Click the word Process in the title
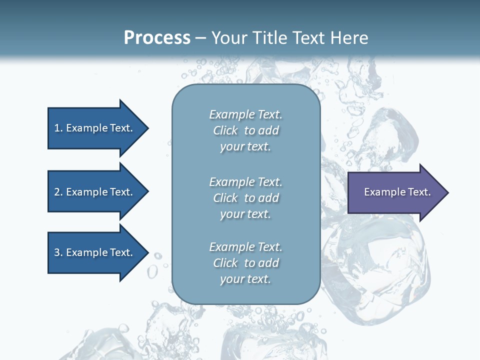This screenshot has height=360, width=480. pos(157,37)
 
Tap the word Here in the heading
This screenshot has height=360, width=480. pos(349,38)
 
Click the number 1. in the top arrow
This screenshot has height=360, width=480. pos(58,128)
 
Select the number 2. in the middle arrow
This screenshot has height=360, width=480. pos(58,192)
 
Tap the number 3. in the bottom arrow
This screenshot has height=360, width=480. pos(58,252)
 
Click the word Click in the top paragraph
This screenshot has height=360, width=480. pos(225,130)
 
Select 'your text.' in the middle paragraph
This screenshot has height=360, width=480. pos(245,214)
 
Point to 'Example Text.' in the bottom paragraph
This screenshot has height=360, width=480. pos(245,247)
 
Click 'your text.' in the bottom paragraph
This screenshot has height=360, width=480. pos(245,279)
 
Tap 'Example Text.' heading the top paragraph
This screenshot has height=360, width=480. pos(245,114)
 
